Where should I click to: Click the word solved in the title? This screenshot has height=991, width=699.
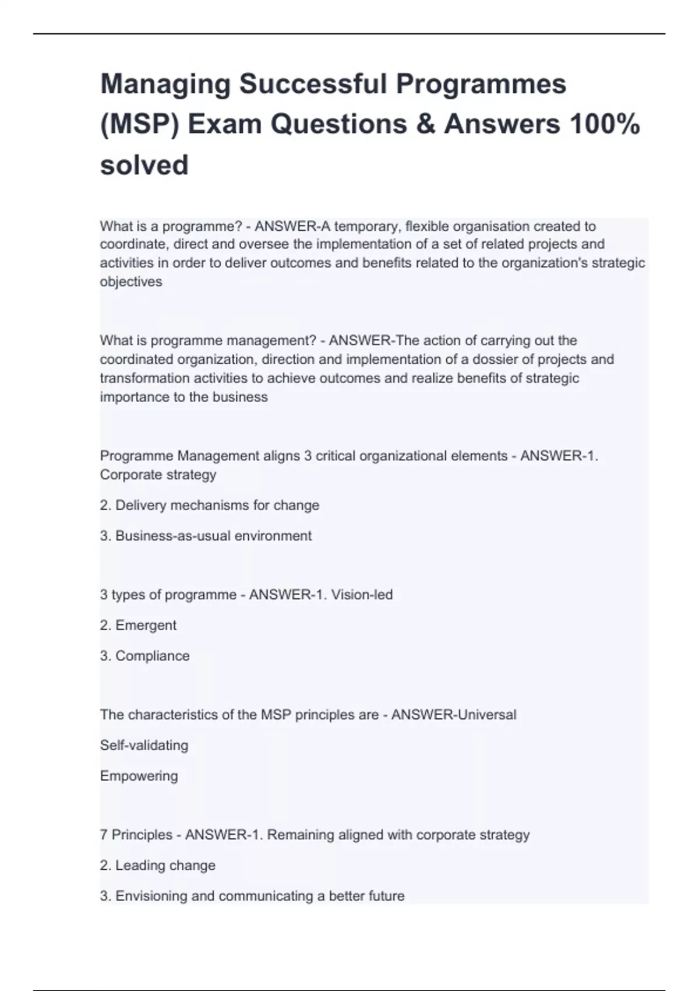point(144,165)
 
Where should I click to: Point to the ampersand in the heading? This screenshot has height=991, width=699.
point(426,125)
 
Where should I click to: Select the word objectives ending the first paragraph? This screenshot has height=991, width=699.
point(131,282)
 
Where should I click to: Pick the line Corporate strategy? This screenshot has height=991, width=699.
point(158,475)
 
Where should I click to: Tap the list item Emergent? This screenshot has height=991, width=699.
point(146,625)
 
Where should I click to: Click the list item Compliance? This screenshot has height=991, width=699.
point(152,656)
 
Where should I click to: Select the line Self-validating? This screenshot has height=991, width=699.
point(144,746)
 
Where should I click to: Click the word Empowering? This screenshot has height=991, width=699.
point(139,776)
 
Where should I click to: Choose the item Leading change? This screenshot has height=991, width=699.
point(165,866)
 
